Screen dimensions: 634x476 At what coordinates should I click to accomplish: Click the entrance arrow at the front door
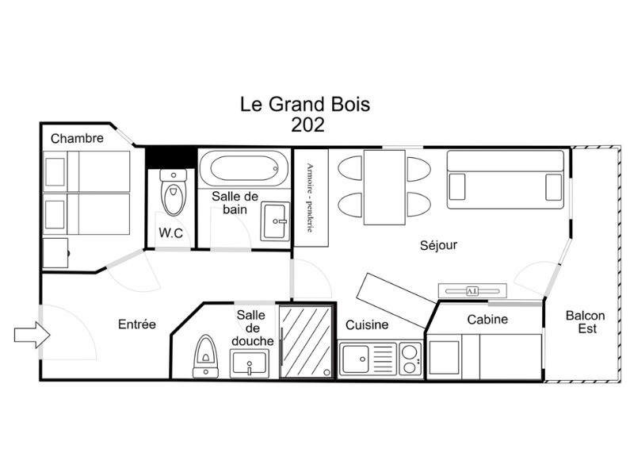coord(32,335)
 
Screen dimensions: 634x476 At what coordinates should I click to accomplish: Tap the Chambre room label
coord(77,138)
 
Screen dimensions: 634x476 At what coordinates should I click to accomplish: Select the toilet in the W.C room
coord(174,192)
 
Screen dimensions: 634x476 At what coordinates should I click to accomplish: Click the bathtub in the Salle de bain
coord(244,168)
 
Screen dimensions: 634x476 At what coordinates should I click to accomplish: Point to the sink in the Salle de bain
coord(275,221)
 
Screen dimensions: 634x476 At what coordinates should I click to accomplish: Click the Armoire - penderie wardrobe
coord(311,198)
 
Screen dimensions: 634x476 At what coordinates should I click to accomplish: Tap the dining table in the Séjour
coord(384,187)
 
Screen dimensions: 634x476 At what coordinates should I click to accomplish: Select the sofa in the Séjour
coord(506,180)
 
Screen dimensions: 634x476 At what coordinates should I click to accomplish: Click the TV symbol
coord(472,290)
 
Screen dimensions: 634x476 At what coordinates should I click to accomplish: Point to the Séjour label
coord(438,245)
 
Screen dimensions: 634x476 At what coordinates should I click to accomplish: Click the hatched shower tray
coord(306,341)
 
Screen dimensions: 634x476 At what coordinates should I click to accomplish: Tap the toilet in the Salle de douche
coord(206,356)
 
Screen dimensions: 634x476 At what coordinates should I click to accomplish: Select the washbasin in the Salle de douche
coord(250,363)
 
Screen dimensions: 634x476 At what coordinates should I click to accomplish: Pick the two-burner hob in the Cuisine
coord(411,359)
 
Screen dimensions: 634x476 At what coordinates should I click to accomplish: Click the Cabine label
coord(487,320)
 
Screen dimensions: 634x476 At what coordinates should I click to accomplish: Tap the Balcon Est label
coord(586,322)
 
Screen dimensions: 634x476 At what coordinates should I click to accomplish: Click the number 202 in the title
coord(307,125)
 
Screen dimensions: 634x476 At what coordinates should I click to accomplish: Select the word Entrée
coord(137,324)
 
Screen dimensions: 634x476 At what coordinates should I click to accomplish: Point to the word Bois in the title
coord(349,104)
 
